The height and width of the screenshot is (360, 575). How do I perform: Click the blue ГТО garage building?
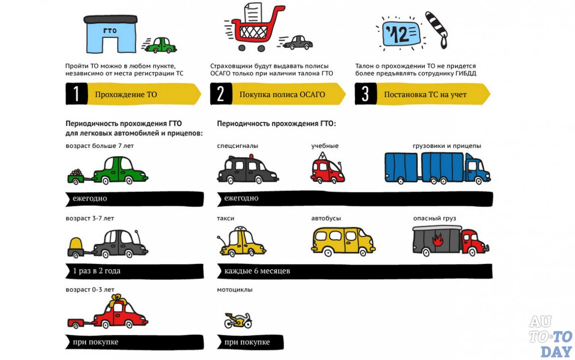(x=110, y=35)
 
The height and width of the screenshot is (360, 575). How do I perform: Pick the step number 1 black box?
(x=76, y=94)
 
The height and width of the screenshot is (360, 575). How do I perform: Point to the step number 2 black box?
(x=221, y=94)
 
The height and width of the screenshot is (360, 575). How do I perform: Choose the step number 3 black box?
(x=366, y=94)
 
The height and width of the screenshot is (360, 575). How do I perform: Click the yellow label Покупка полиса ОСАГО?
(x=282, y=94)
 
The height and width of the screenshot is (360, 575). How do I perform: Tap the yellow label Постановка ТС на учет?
(x=425, y=94)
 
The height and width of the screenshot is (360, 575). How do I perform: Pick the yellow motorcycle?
(x=238, y=320)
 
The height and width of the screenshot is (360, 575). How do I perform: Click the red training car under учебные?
(x=327, y=169)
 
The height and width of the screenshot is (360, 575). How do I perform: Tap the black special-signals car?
(x=247, y=170)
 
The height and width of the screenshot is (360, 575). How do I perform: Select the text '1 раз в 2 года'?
(x=97, y=271)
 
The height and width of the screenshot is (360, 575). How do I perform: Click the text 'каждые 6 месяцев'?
(x=257, y=271)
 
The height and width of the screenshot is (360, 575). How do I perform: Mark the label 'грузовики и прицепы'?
(x=447, y=146)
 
